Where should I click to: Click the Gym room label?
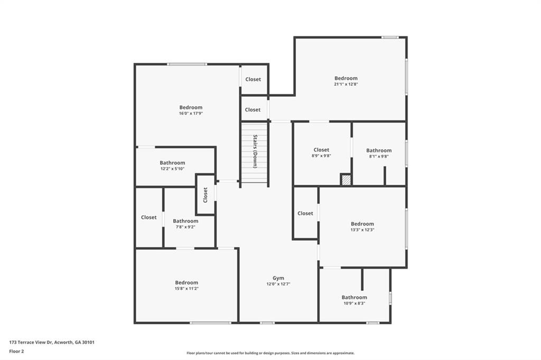pyautogui.click(x=278, y=278)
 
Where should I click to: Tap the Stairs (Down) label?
pyautogui.click(x=255, y=151)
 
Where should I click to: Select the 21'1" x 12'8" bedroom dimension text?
pyautogui.click(x=346, y=84)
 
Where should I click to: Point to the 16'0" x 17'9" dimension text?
pyautogui.click(x=190, y=113)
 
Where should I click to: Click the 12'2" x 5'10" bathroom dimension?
pyautogui.click(x=172, y=168)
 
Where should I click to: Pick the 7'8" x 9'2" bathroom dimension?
pyautogui.click(x=185, y=227)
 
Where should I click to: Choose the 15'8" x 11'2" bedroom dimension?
pyautogui.click(x=186, y=289)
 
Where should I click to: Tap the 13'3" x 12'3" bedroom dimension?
pyautogui.click(x=362, y=230)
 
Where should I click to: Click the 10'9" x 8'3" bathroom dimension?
pyautogui.click(x=354, y=304)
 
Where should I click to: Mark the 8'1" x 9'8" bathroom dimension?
pyautogui.click(x=379, y=156)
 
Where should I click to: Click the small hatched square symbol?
pyautogui.click(x=346, y=179)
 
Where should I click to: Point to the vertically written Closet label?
pyautogui.click(x=206, y=195)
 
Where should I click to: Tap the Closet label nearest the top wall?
pyautogui.click(x=253, y=79)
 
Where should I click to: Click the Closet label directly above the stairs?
pyautogui.click(x=253, y=110)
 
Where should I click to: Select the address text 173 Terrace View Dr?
pyautogui.click(x=31, y=343)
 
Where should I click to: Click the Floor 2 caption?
pyautogui.click(x=16, y=352)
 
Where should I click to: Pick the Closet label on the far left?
pyautogui.click(x=148, y=217)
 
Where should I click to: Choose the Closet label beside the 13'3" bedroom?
pyautogui.click(x=305, y=213)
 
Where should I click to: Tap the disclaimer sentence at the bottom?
pyautogui.click(x=270, y=353)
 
